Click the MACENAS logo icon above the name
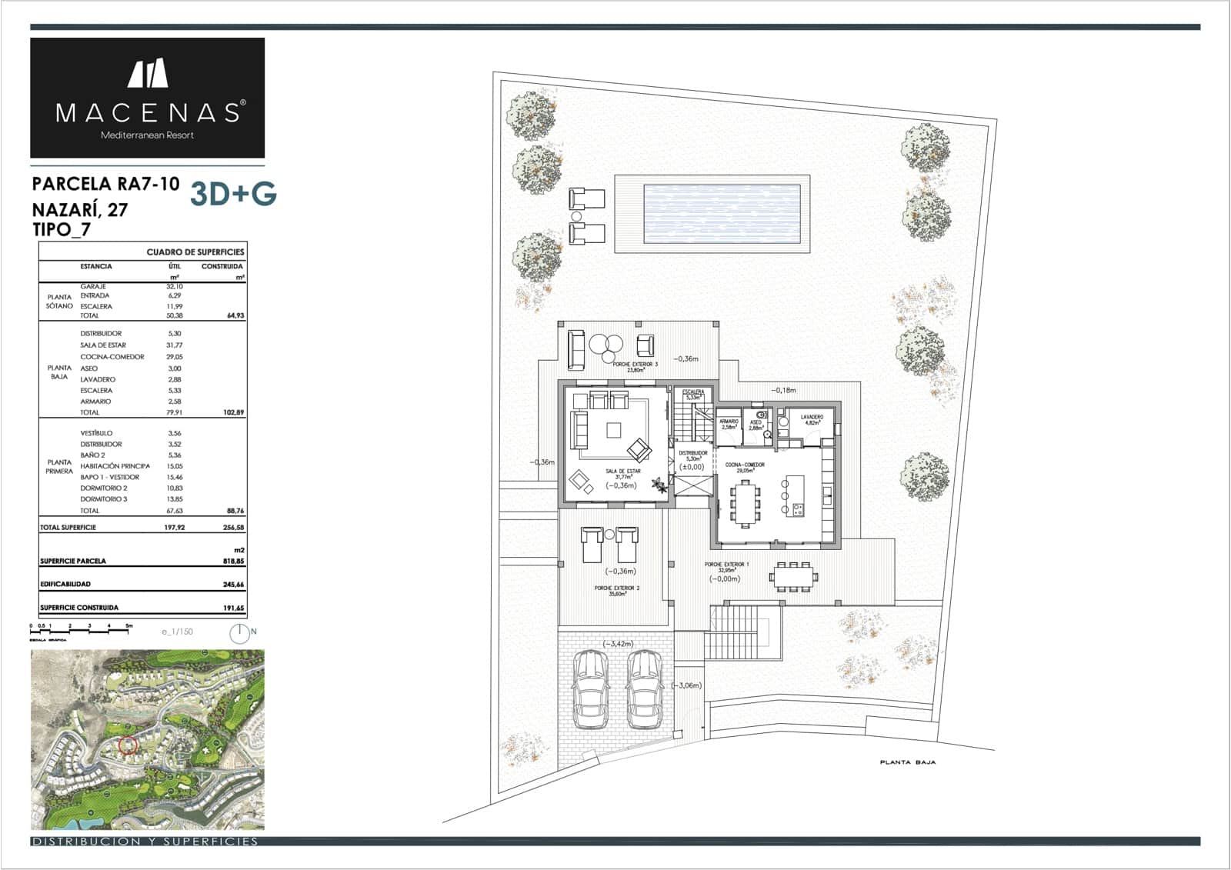coord(148,73)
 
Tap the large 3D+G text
coord(233,195)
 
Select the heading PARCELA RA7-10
coord(106,184)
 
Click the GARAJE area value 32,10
coord(174,286)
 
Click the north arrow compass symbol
coord(239,633)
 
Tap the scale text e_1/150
coord(177,632)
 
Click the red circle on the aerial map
coord(128,745)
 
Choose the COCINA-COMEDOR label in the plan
coord(745,465)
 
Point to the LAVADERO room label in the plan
coord(812,417)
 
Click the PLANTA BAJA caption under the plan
coord(908,762)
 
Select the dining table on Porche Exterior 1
coord(792,576)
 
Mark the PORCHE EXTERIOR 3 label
coord(635,364)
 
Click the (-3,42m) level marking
coord(618,644)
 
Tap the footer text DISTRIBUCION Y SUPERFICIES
coord(145,842)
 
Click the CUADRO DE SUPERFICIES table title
coord(195,252)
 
